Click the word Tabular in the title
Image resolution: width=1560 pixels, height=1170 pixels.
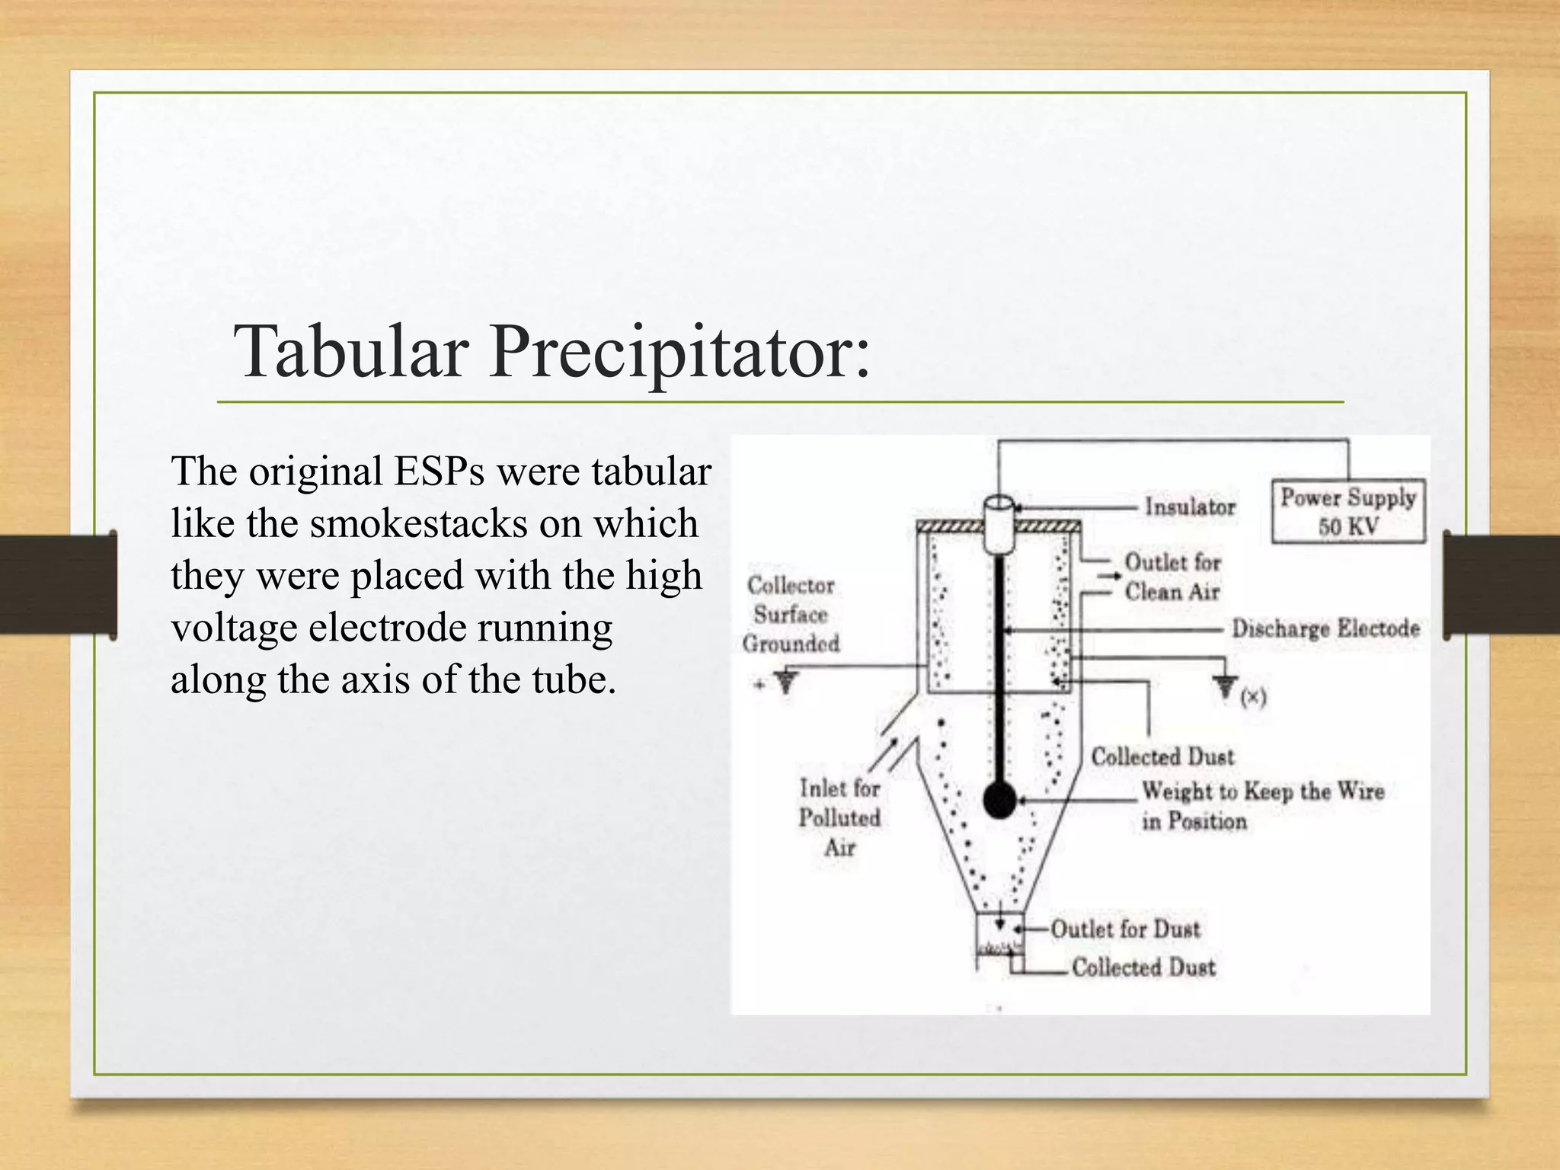(350, 351)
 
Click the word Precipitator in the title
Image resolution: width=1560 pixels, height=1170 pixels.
(678, 353)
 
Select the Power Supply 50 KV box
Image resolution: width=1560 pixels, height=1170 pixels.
(1347, 511)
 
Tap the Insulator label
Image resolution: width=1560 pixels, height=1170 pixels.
(1189, 507)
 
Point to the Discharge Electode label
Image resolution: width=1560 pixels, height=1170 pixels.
(1325, 628)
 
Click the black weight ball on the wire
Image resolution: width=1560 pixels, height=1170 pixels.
(999, 801)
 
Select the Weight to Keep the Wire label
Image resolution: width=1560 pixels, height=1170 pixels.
(1261, 792)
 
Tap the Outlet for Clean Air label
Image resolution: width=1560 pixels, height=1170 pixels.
(1172, 577)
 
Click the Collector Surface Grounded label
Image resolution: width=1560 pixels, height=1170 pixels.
(791, 614)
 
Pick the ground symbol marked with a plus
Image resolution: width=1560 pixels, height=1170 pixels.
(785, 680)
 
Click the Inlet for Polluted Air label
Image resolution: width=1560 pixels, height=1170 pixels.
(839, 817)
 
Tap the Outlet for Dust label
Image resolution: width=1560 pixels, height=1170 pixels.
(1125, 929)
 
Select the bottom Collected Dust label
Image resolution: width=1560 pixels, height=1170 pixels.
(1143, 967)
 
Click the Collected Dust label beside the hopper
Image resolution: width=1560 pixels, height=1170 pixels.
(1162, 756)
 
